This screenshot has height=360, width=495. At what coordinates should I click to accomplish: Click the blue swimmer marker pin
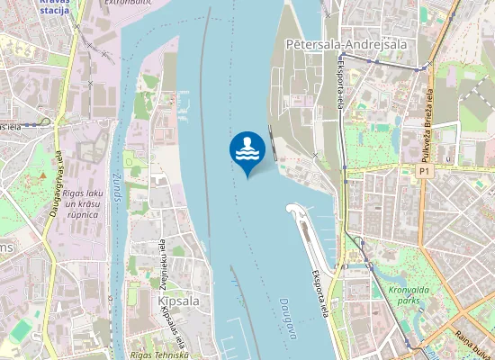point(247,151)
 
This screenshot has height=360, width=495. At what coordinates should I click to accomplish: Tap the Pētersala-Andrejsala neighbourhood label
point(345,42)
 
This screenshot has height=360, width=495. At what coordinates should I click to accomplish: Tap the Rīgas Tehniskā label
point(159,355)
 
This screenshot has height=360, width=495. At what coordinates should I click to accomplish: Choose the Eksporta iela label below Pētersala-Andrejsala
point(341,90)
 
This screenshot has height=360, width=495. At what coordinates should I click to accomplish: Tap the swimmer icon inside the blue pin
point(247,148)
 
